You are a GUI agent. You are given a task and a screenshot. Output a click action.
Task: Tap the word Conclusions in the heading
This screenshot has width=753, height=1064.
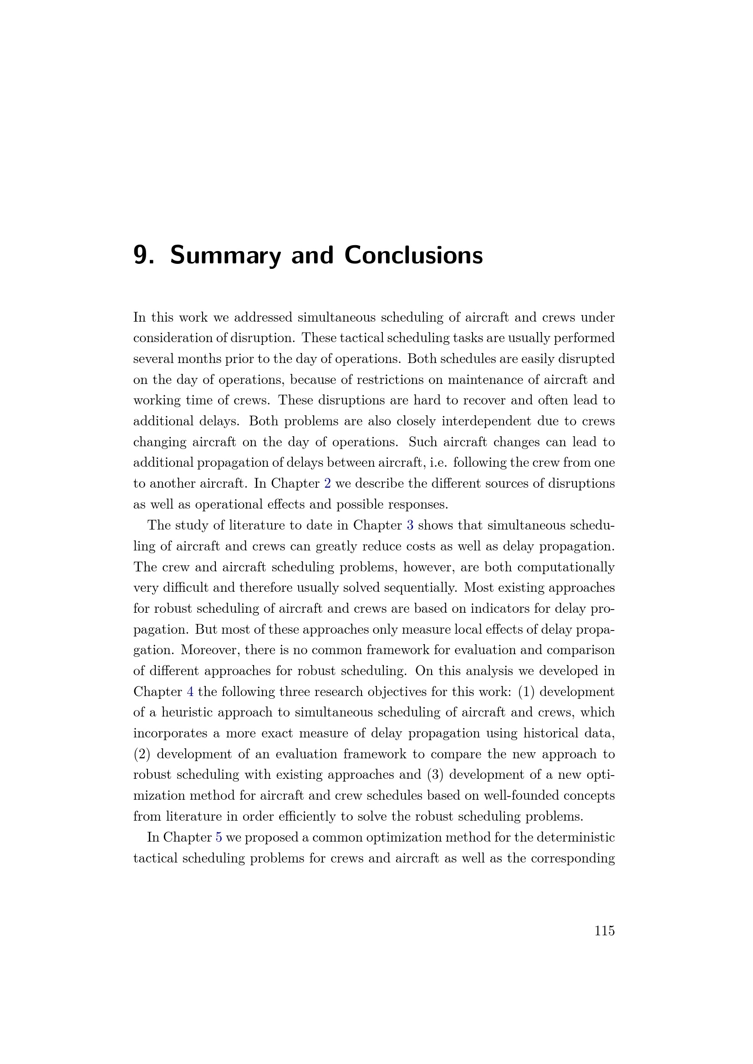pos(413,255)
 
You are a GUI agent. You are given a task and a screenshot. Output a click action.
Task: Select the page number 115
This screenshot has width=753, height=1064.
pos(605,931)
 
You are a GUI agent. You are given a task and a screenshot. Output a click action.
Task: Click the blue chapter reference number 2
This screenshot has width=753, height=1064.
pos(327,484)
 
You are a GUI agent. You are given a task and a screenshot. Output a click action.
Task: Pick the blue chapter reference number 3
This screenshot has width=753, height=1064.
pos(410,525)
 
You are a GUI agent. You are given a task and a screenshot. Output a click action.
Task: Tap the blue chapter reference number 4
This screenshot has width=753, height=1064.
pos(190,692)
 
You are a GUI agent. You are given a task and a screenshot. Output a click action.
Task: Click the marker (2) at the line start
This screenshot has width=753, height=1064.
pos(142,754)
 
